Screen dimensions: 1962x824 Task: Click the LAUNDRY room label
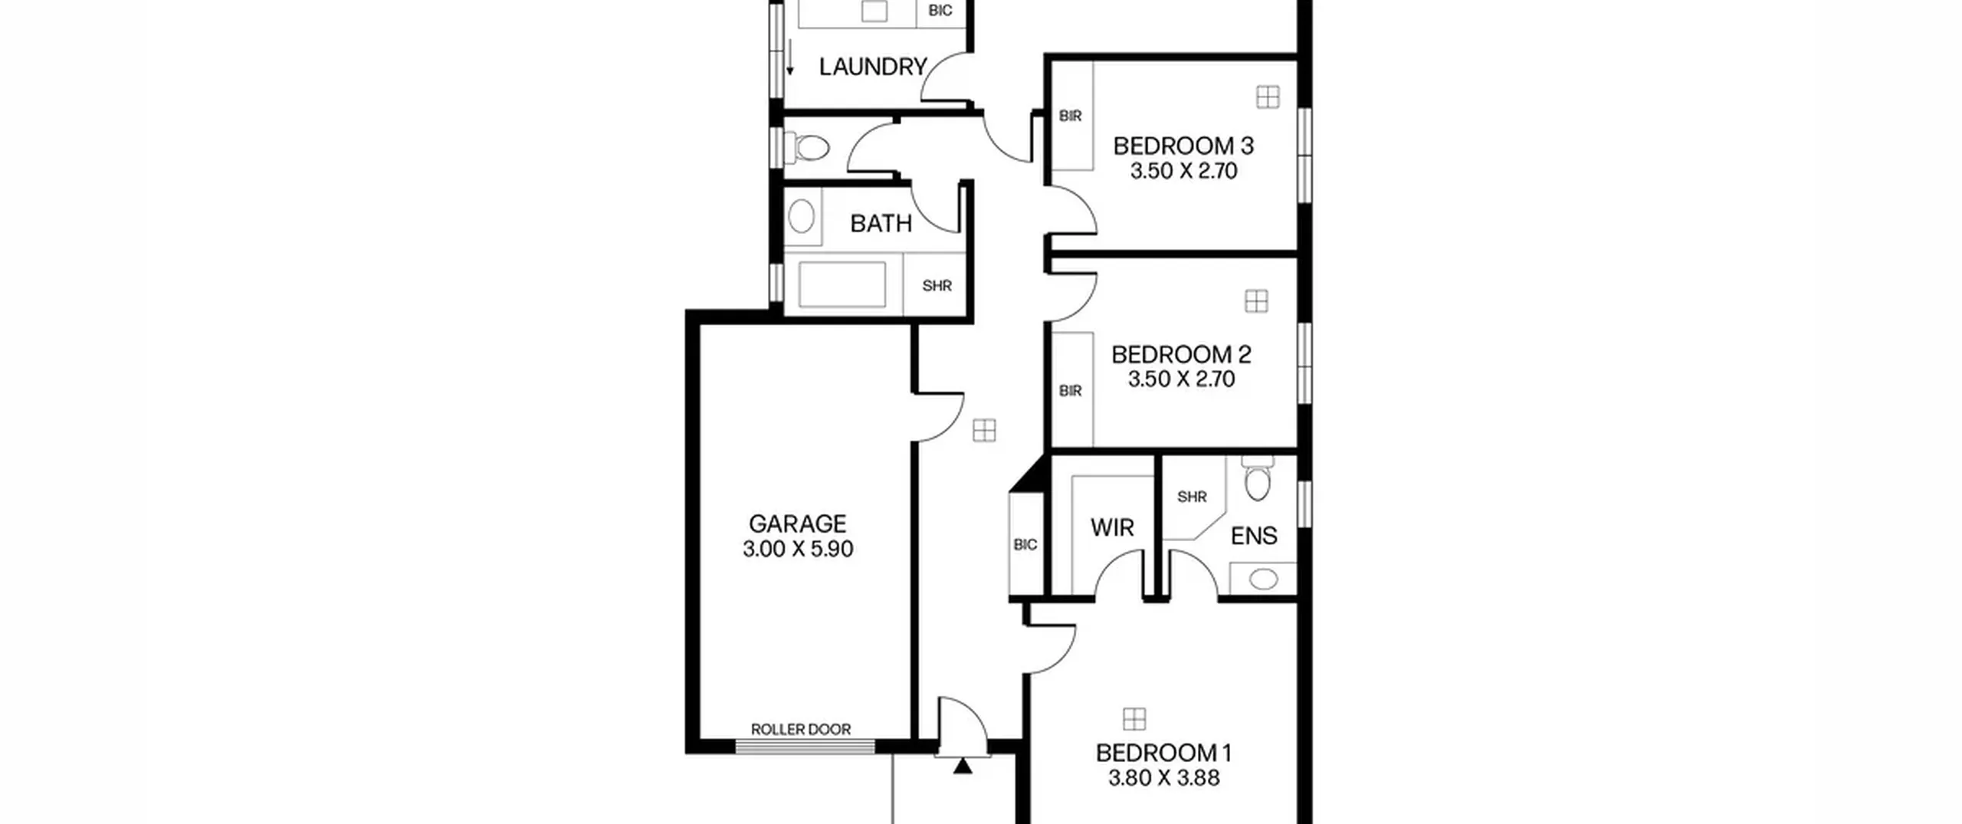(873, 67)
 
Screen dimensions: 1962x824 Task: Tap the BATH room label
(881, 223)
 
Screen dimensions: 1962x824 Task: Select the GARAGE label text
(797, 524)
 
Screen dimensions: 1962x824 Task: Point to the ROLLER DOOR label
(801, 729)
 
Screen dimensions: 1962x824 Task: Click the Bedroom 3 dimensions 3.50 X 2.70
(1183, 170)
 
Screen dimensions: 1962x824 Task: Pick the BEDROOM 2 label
(1181, 354)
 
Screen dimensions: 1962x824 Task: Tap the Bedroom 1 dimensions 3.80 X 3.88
(1163, 777)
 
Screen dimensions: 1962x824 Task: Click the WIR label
(1112, 527)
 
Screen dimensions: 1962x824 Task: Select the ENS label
(1254, 535)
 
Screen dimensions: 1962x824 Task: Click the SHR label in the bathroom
(937, 286)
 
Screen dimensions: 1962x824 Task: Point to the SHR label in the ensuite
(1192, 497)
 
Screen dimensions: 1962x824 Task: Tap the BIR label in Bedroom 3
(1070, 116)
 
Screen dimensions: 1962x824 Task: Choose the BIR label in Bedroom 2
(1070, 391)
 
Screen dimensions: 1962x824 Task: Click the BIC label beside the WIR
(1025, 544)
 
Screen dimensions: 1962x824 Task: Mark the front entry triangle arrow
(963, 766)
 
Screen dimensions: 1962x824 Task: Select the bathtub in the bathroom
(842, 284)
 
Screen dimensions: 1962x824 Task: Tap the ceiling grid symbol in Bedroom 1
(1134, 719)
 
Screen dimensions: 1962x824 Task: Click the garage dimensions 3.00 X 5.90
(797, 549)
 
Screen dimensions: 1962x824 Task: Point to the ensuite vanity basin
(1262, 579)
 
